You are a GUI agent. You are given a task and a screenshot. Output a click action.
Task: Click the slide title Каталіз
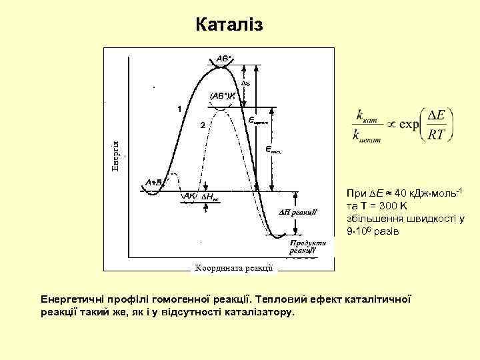tap(230, 25)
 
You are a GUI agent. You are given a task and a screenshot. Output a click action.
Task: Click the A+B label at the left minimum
tap(155, 181)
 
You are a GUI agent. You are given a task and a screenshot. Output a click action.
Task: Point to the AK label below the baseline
tap(189, 197)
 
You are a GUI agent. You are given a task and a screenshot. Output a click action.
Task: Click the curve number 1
tap(179, 107)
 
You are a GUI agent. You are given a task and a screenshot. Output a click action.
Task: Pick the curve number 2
tap(203, 125)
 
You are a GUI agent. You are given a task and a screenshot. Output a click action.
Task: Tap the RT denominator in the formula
tap(437, 135)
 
